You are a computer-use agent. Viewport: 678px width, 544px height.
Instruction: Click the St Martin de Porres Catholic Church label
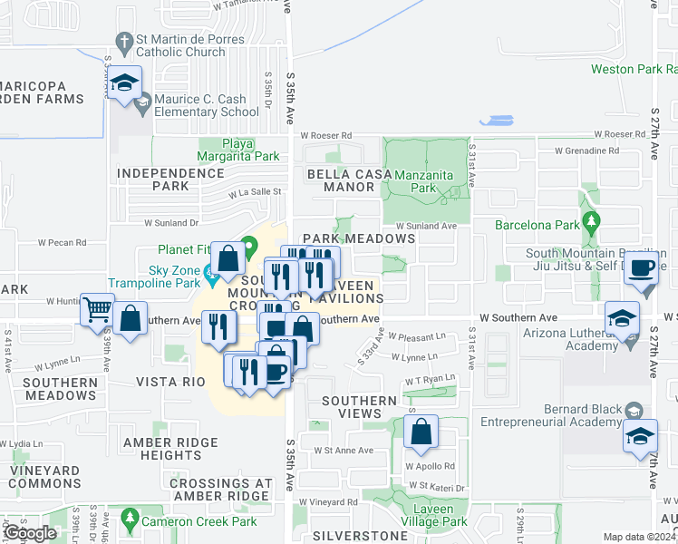tap(179, 45)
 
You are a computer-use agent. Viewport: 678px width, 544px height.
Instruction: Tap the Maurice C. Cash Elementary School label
tap(206, 106)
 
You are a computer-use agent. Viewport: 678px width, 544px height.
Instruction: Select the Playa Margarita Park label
tap(238, 150)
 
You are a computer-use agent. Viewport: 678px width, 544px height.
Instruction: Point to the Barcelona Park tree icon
tap(592, 220)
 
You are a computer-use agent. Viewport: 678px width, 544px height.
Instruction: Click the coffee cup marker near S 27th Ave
tap(643, 268)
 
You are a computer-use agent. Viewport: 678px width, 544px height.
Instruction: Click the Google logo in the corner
tap(30, 533)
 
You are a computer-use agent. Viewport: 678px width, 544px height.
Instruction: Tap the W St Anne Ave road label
tap(344, 450)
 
